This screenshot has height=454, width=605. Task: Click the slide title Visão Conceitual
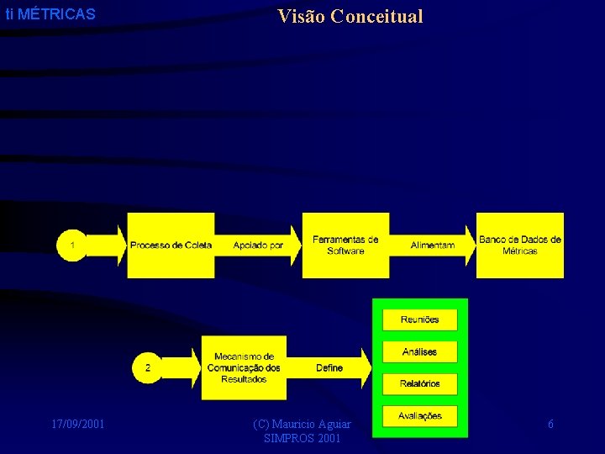350,16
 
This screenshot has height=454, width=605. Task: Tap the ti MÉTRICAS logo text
50,14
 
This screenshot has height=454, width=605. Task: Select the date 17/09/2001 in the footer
77,424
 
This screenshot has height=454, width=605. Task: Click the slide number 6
550,425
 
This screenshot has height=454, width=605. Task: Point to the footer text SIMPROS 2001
302,439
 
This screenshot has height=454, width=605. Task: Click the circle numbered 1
73,245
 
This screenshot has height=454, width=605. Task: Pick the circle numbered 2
148,367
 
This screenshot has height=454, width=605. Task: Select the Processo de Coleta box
171,245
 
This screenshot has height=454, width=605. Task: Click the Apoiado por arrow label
258,245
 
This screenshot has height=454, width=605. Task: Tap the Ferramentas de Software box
345,245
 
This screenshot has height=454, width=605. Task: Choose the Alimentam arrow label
433,245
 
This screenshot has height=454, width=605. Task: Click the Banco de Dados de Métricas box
520,245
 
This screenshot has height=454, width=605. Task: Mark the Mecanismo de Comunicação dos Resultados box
244,367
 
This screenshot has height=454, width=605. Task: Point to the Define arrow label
329,367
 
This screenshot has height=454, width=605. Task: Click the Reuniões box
419,319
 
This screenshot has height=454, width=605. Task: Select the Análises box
419,351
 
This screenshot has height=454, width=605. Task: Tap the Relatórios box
419,383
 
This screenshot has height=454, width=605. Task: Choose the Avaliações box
419,415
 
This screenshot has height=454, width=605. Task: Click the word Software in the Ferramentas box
345,251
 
